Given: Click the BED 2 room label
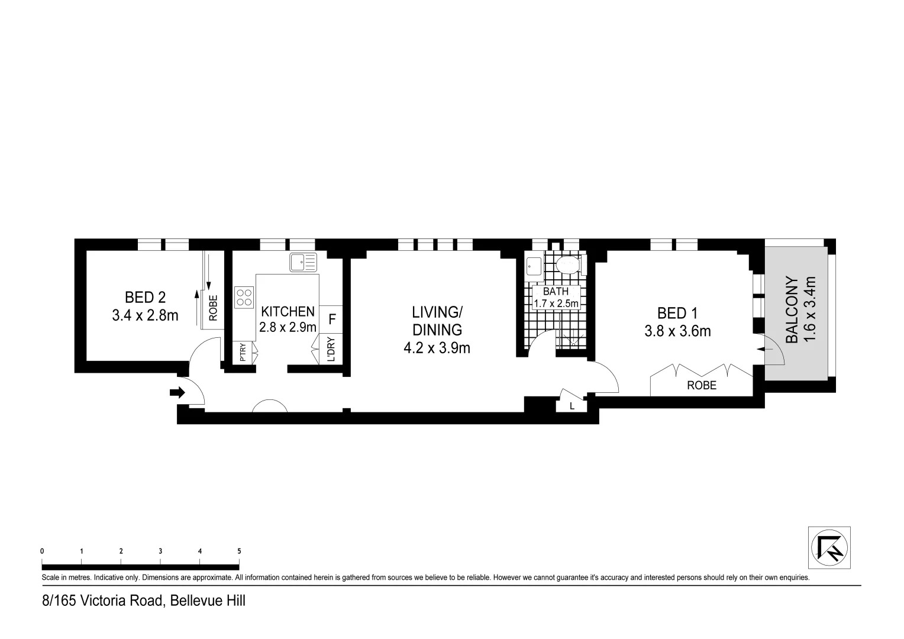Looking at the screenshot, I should (x=145, y=297).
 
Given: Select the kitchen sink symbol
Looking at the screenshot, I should (x=303, y=262).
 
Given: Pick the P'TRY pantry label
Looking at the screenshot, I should (x=243, y=353).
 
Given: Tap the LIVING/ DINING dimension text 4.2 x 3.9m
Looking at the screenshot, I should (x=437, y=348).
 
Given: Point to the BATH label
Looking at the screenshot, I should (x=556, y=291).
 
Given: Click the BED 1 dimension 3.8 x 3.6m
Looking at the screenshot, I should (x=677, y=331).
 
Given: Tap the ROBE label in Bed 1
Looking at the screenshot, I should (x=701, y=385).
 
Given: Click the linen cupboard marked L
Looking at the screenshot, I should (x=571, y=406).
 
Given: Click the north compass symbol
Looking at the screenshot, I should (x=829, y=547).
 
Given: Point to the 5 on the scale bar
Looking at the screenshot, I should (x=239, y=551).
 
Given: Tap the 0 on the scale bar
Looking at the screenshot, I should (x=42, y=551).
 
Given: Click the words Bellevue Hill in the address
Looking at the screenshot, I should (x=208, y=601).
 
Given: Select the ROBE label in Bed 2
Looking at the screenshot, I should (x=214, y=308).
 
